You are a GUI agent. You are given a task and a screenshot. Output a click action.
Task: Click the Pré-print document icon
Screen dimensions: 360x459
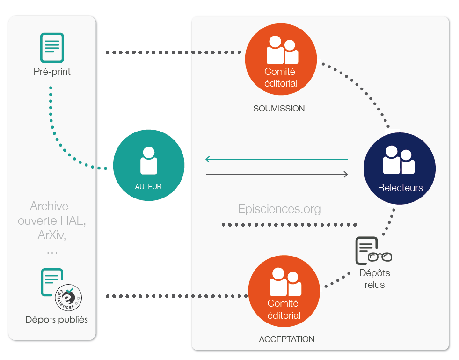coord(52,48)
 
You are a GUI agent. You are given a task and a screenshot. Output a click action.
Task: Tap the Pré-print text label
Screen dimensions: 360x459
coord(52,72)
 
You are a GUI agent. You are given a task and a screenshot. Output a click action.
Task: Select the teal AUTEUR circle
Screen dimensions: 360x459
coord(149,165)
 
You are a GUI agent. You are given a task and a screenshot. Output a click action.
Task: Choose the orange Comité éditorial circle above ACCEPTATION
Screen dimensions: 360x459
coord(284,290)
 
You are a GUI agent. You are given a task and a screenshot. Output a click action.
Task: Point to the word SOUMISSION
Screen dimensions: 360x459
coord(279,109)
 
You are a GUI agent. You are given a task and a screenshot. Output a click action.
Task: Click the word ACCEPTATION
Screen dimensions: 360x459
coord(287,339)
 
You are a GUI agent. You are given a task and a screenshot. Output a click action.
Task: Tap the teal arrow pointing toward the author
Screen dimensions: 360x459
coord(276,160)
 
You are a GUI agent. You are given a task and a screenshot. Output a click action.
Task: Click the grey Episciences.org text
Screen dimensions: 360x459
coord(279,209)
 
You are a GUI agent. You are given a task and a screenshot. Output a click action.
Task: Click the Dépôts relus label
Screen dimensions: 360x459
coord(374,279)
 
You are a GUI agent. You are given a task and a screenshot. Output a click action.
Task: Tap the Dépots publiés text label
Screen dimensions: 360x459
coord(57,320)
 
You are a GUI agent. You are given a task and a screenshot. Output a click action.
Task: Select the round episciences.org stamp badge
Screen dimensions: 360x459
coord(68,297)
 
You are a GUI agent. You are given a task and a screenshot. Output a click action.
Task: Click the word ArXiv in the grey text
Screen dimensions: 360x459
coord(51,235)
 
